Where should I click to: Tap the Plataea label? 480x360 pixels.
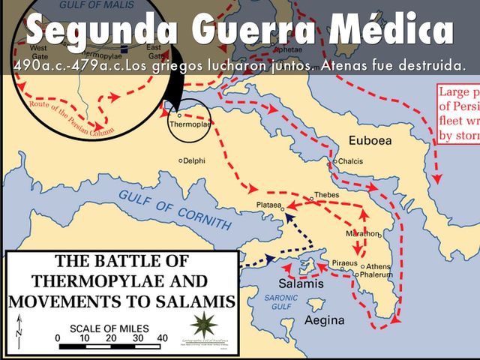[267, 203]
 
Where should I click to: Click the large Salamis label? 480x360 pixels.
[301, 284]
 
